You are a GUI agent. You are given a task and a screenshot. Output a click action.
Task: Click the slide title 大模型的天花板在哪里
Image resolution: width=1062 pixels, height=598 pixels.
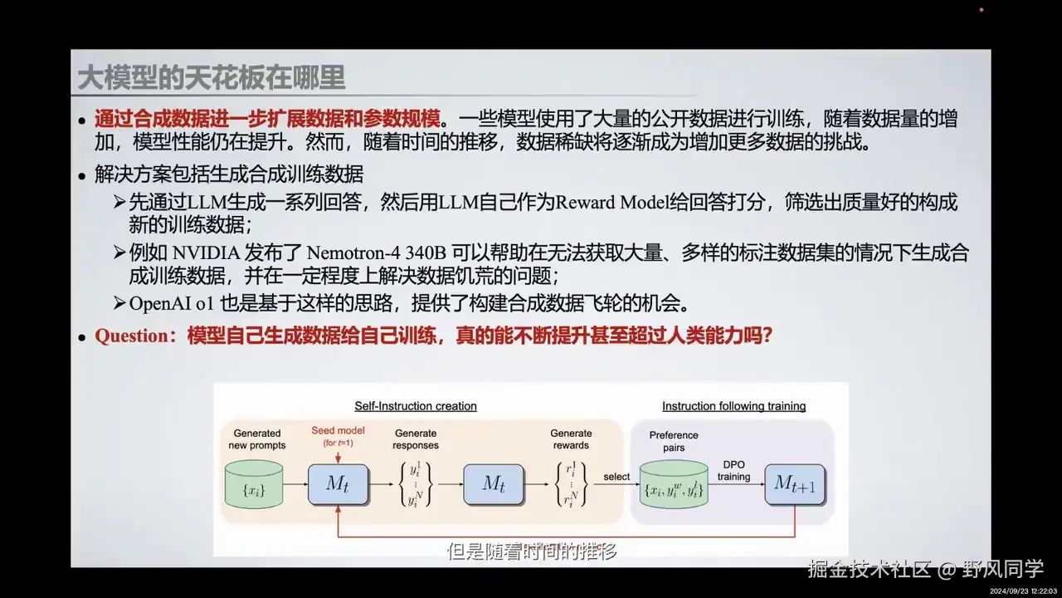point(211,78)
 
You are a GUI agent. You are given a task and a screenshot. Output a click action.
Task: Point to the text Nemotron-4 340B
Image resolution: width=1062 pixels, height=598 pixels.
point(373,252)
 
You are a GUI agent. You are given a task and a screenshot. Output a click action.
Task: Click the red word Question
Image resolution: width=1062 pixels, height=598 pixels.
point(132,336)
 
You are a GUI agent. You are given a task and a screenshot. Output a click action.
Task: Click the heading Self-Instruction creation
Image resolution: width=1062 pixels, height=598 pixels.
point(416,406)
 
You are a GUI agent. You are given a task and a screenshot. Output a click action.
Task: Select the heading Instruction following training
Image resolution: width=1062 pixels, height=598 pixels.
point(733,406)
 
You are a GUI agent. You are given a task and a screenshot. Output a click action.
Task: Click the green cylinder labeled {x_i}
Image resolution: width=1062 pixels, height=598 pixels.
point(254,484)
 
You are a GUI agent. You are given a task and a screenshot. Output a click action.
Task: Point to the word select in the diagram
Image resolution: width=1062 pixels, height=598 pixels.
point(616,477)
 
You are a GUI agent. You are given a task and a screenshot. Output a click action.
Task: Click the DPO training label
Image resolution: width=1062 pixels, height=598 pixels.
point(733,470)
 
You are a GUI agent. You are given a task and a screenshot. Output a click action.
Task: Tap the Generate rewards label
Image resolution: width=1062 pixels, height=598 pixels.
point(572,439)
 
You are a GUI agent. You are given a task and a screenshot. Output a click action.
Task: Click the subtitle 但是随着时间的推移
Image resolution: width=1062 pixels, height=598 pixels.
point(532,551)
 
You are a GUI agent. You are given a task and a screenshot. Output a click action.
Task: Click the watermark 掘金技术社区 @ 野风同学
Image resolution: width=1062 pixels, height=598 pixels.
point(925,570)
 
